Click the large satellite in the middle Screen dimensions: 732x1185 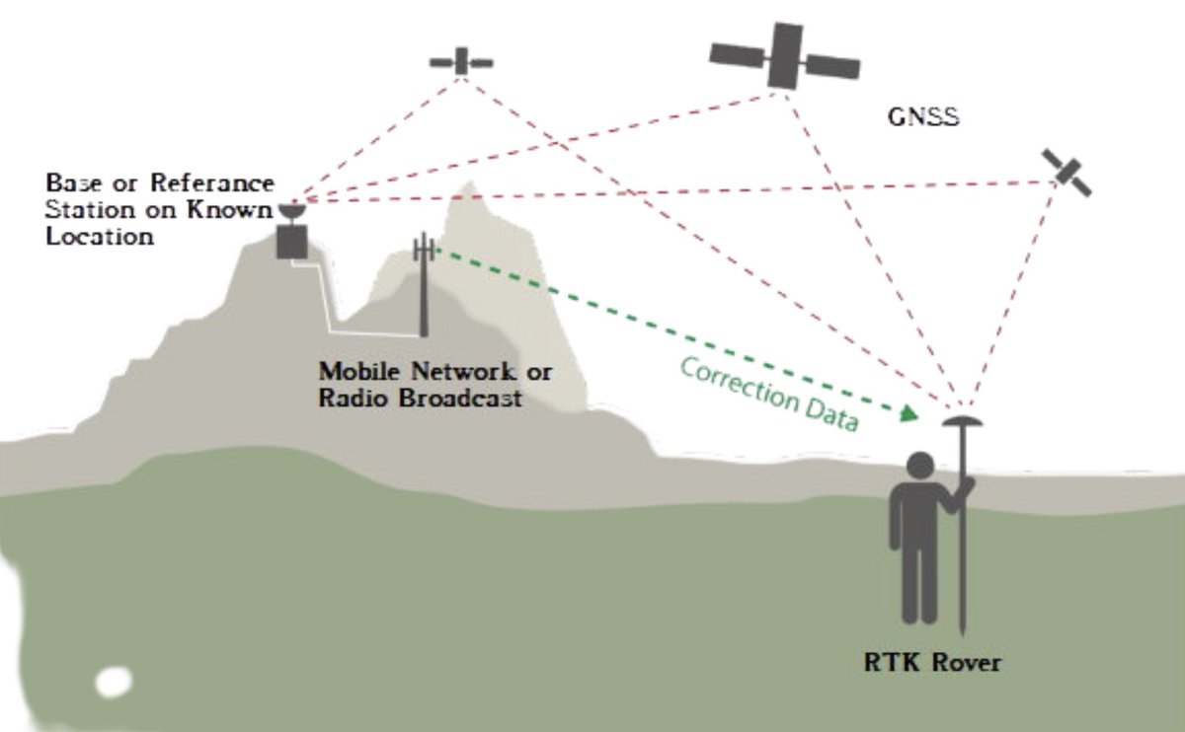[x=785, y=55]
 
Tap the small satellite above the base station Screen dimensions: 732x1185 [x=461, y=62]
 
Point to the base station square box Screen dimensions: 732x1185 [x=291, y=241]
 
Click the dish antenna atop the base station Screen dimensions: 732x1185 [x=291, y=211]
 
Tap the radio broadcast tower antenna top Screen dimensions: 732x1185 [x=424, y=247]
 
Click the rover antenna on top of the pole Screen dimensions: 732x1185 [x=959, y=421]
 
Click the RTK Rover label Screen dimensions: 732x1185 [x=931, y=662]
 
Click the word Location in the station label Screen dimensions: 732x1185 [x=101, y=237]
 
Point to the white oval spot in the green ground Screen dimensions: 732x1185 [x=115, y=681]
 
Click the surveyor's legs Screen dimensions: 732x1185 [x=919, y=582]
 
